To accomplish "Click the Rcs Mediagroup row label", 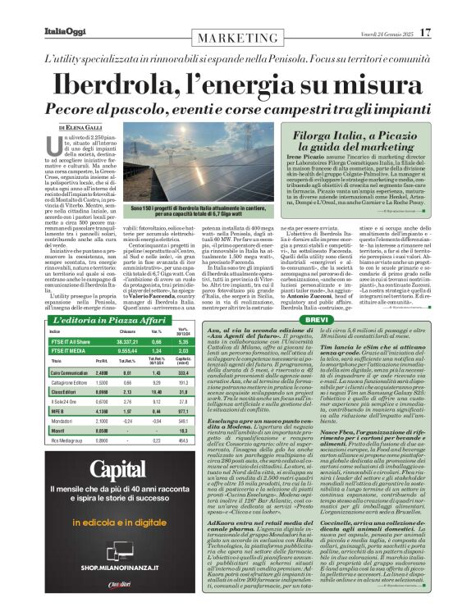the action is click(x=82, y=441).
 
